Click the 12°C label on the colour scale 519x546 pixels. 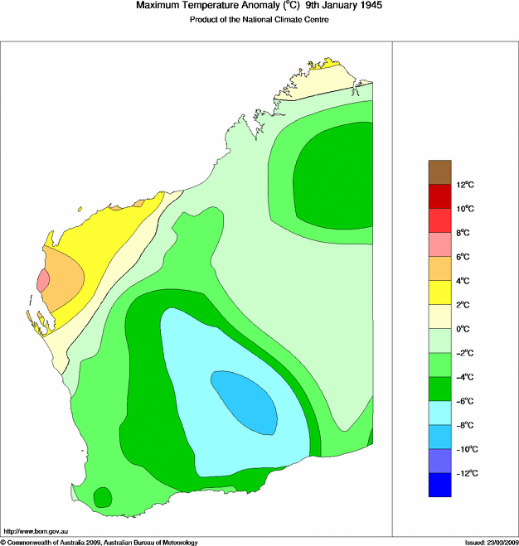(466, 185)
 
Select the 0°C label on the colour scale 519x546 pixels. (465, 329)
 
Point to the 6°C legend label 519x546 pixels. (465, 257)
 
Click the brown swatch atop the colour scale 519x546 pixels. (439, 172)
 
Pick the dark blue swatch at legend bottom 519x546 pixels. (439, 485)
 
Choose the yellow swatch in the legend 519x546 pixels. (439, 292)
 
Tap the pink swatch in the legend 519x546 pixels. (439, 244)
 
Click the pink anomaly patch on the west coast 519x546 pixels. (43, 281)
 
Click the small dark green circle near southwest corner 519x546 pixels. (103, 497)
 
